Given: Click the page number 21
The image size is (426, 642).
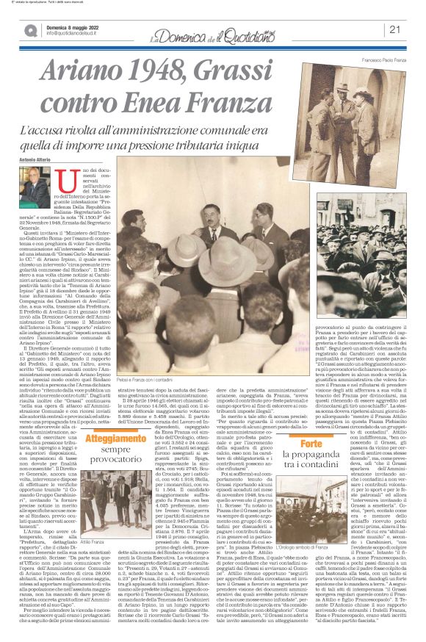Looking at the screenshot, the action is pyautogui.click(x=394, y=29).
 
